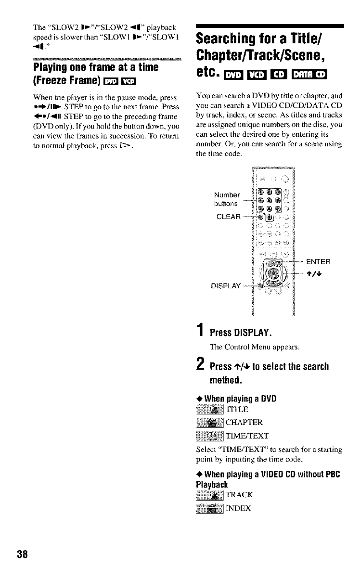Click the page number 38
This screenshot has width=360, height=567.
click(23, 553)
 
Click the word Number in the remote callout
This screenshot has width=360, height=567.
click(226, 195)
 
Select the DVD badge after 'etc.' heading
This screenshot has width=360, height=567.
click(233, 73)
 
